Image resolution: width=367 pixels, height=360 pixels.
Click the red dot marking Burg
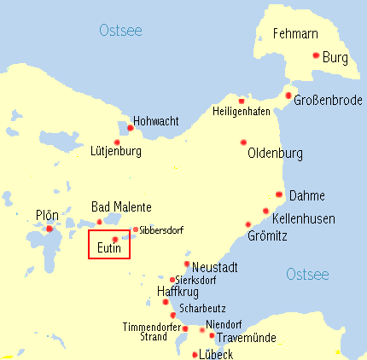point(316,55)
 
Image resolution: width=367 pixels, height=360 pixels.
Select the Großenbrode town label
point(327,101)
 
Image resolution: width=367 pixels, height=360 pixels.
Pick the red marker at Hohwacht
point(130,128)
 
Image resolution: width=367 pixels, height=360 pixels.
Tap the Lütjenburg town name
point(115,151)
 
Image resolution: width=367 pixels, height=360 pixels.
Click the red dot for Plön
point(50,229)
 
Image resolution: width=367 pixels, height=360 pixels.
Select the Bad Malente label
point(121,207)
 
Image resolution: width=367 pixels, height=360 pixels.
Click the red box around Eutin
point(109,243)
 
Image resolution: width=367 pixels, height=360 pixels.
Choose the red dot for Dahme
point(279,195)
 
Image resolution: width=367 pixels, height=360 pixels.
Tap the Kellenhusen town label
point(303,218)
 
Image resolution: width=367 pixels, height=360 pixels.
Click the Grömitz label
point(267,235)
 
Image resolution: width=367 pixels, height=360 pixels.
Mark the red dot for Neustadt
point(187,264)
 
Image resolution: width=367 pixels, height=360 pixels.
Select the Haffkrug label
point(178,292)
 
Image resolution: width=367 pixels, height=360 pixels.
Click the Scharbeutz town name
point(199,307)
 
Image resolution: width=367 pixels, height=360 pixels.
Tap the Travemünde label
point(247,338)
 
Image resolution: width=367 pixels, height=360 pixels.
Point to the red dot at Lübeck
point(195,353)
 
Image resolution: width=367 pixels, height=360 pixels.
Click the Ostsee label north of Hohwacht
point(120,32)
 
